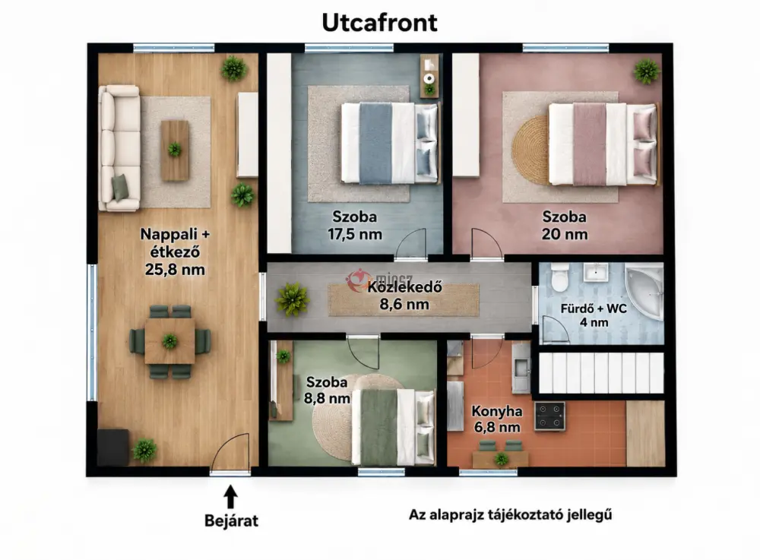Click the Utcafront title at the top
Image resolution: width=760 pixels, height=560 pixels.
click(379, 23)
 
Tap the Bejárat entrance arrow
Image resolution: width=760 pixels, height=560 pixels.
click(231, 496)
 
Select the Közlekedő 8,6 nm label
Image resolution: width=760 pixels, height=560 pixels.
click(404, 296)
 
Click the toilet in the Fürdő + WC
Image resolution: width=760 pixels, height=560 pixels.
click(559, 277)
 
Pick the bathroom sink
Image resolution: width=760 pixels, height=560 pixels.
click(596, 272)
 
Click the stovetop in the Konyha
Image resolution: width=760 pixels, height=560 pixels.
click(549, 416)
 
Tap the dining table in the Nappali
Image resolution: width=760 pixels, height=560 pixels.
click(169, 341)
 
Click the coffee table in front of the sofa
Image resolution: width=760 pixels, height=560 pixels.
click(175, 150)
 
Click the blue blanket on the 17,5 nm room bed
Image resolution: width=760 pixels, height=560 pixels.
click(375, 144)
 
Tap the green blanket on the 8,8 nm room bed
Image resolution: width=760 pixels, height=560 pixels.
click(379, 428)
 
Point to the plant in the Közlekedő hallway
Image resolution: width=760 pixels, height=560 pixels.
click(293, 299)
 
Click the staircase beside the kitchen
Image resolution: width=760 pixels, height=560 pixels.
click(601, 372)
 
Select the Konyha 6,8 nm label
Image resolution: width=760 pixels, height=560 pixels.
click(497, 419)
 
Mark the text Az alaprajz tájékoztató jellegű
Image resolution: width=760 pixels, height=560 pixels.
click(511, 514)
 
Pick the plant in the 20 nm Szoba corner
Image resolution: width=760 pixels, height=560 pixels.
click(647, 71)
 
